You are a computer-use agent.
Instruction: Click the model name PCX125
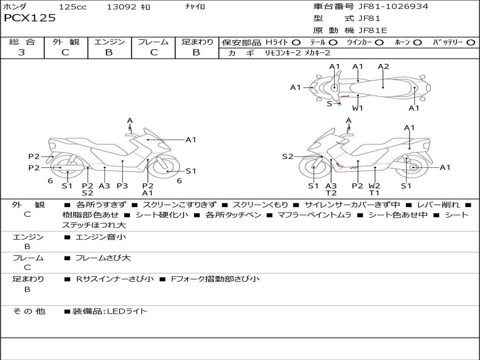(30, 18)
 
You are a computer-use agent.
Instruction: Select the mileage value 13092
(121, 7)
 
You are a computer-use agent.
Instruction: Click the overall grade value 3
(22, 52)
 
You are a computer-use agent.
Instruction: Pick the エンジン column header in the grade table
(109, 42)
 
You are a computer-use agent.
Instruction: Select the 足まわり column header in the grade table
(197, 42)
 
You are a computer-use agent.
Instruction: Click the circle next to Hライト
(296, 43)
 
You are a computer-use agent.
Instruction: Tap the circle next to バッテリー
(471, 43)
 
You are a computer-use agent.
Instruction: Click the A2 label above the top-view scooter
(383, 67)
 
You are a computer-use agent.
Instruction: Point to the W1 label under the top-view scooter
(358, 108)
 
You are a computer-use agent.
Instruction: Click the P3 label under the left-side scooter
(122, 186)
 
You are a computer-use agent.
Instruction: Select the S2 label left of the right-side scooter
(287, 157)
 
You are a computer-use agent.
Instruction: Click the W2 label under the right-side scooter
(375, 186)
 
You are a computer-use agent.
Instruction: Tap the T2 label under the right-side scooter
(331, 193)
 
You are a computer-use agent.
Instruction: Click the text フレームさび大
(103, 258)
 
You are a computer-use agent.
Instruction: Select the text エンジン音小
(101, 237)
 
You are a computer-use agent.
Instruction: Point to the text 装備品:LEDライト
(109, 311)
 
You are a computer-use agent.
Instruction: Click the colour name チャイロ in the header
(195, 7)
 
